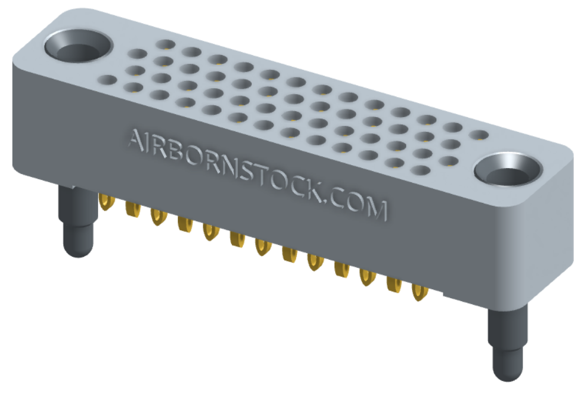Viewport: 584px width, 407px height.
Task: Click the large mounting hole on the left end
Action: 79,47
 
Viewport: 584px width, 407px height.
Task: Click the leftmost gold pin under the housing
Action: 106,202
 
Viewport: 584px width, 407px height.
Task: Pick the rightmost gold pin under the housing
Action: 420,292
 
